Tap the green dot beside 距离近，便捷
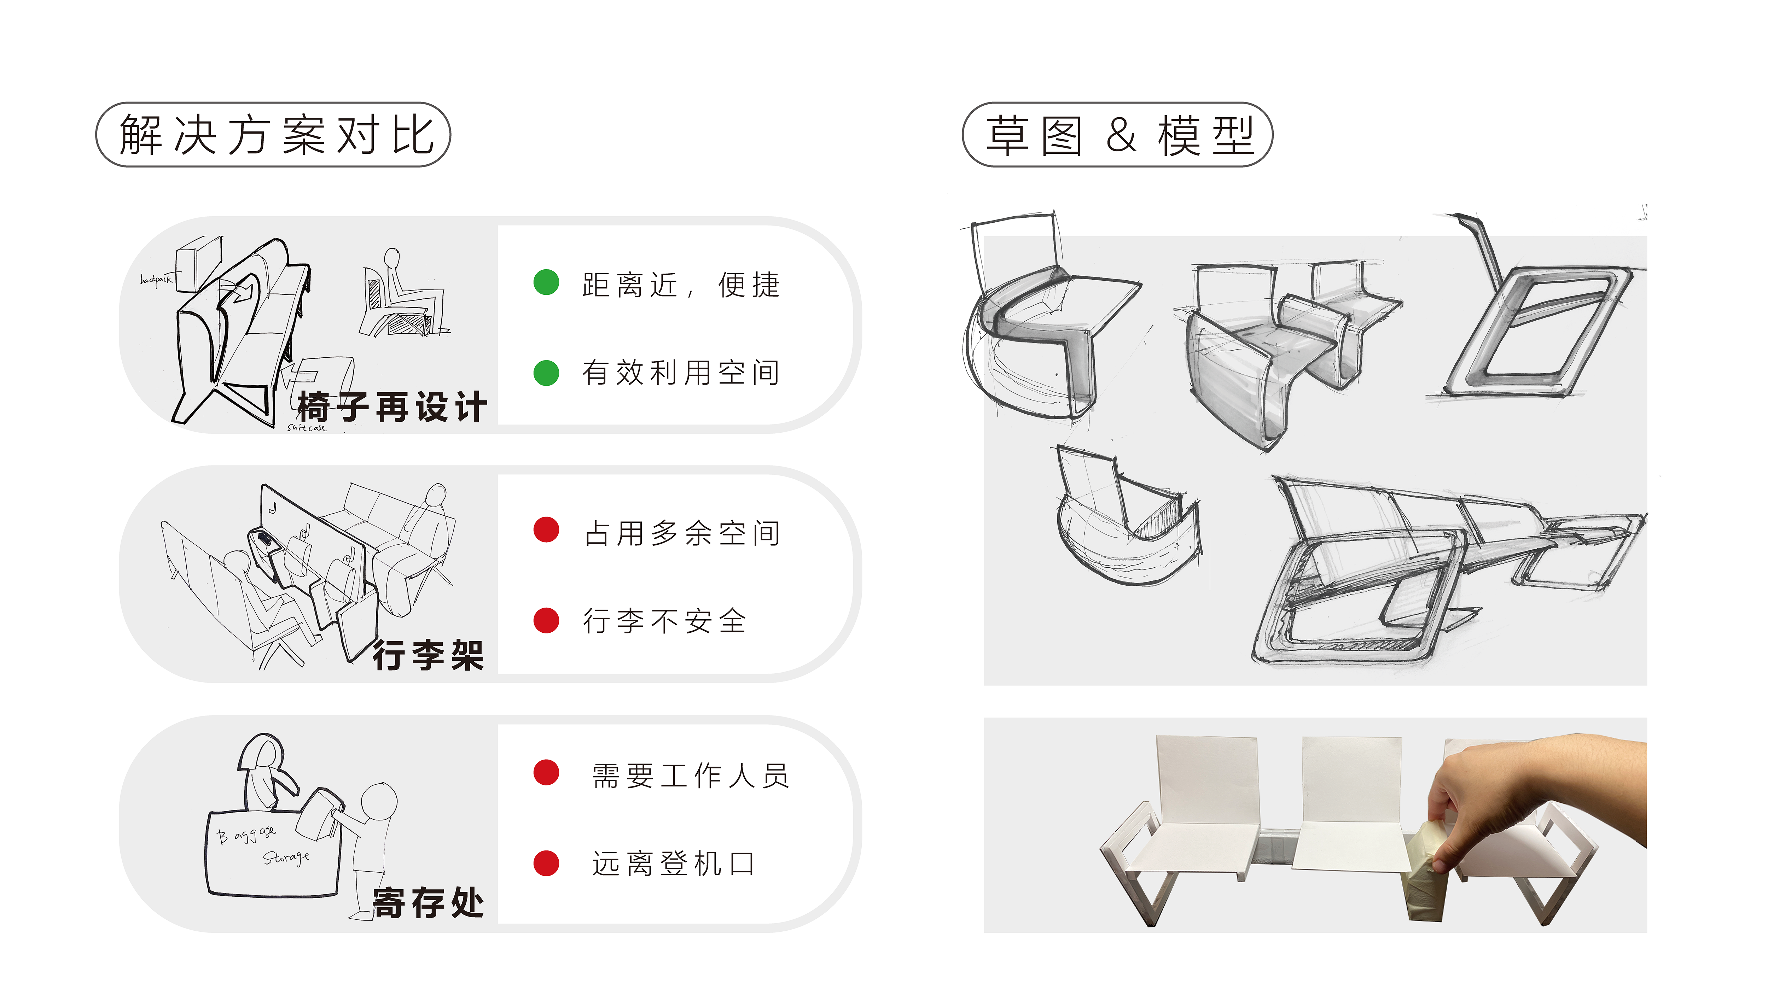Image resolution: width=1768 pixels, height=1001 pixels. (x=546, y=282)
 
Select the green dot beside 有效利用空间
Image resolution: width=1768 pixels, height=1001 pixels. (x=546, y=373)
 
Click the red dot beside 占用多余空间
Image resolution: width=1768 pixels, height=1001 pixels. (x=546, y=530)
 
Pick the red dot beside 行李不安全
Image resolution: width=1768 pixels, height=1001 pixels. (x=546, y=620)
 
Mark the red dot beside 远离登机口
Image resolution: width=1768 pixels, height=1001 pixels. (x=546, y=864)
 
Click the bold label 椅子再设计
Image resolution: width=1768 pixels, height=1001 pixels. (x=392, y=407)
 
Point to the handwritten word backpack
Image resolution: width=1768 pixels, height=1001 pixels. (x=156, y=279)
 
